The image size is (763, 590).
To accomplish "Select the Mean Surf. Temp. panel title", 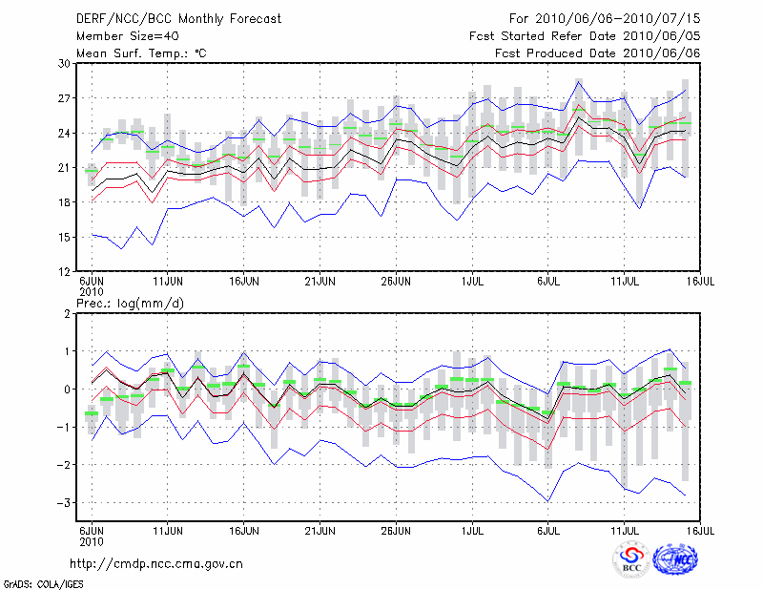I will pos(141,53).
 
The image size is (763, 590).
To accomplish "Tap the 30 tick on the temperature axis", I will pos(65,63).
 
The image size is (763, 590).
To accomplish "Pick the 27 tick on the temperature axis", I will pos(65,98).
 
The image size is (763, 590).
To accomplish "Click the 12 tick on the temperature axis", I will pos(65,271).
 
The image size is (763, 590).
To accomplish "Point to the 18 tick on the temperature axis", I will pos(65,202).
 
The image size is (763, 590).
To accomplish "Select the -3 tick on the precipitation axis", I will pos(65,503).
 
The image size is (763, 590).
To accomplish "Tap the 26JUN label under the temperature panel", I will pos(396,283).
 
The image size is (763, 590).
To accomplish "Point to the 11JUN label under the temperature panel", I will pos(168,283).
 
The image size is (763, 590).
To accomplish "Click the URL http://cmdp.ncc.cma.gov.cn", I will pos(156,563).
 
